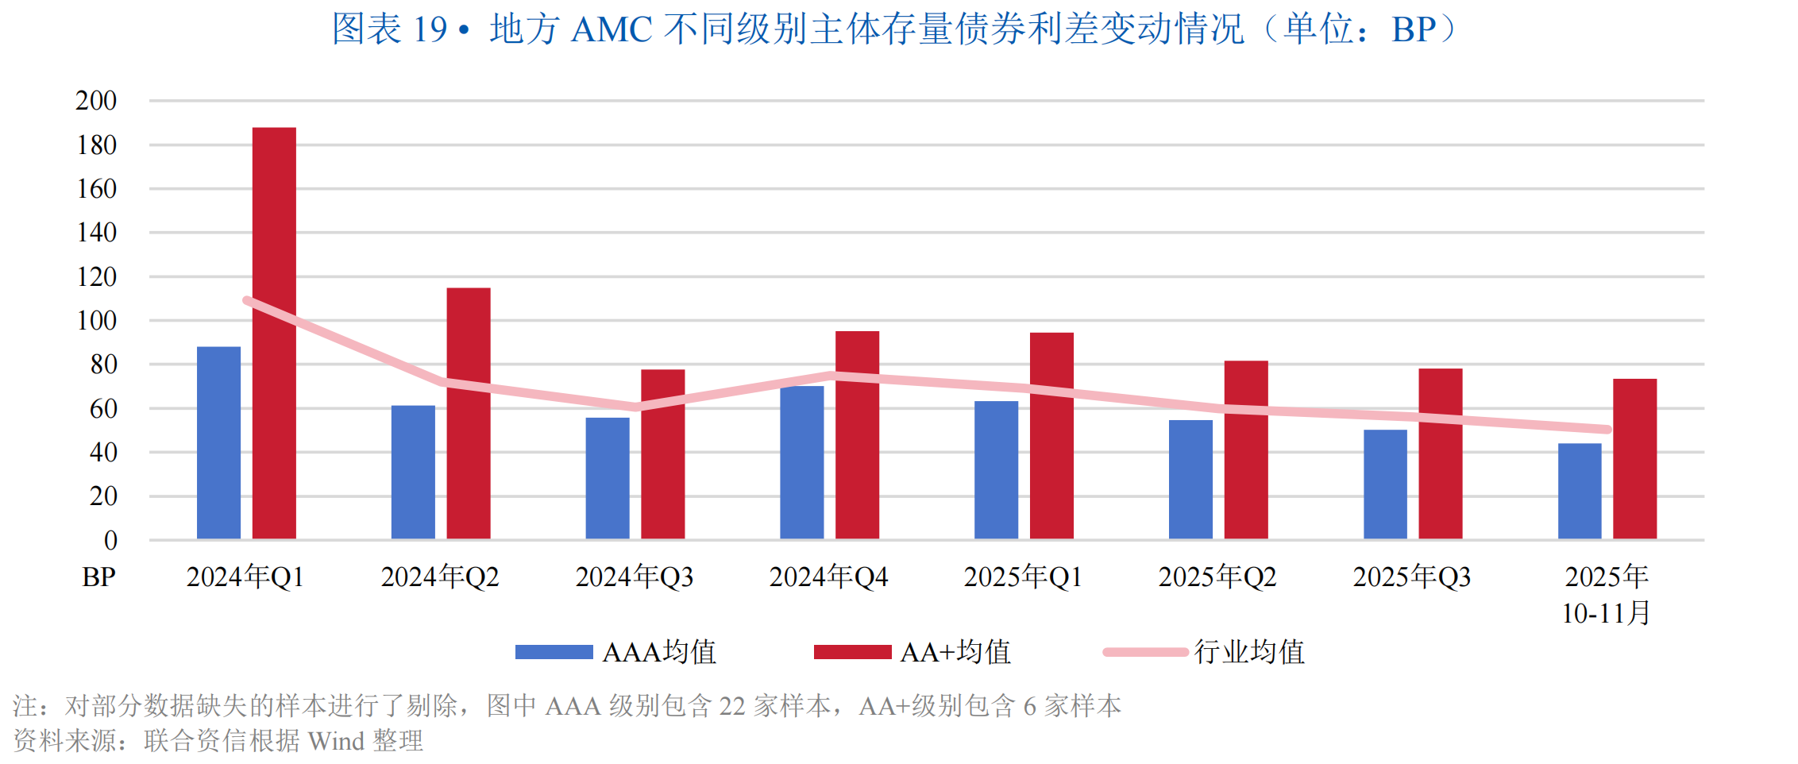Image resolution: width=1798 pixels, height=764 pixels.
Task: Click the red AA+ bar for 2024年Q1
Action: tap(274, 334)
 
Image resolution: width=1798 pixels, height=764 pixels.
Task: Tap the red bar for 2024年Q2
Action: tap(469, 413)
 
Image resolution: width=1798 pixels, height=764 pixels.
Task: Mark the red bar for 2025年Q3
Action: tap(1441, 453)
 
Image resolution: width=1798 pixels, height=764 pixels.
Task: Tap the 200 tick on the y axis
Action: tap(96, 101)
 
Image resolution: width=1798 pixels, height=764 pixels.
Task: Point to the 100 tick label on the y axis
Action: tap(96, 321)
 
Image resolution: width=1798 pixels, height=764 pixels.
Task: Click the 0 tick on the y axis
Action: tap(110, 541)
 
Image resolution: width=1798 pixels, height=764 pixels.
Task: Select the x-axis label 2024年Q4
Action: tap(828, 577)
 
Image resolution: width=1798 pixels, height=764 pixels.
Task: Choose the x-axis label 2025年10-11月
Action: tap(1607, 594)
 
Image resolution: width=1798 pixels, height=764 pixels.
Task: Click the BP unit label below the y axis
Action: tap(99, 577)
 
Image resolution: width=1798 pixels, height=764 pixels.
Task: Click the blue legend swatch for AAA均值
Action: tap(554, 652)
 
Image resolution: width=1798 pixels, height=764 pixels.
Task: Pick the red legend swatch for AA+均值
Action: tap(852, 652)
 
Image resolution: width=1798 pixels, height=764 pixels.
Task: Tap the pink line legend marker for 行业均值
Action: tap(1145, 652)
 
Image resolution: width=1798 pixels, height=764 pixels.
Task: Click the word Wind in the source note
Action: tap(336, 741)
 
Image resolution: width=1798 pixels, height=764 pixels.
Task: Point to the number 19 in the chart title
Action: tap(430, 29)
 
